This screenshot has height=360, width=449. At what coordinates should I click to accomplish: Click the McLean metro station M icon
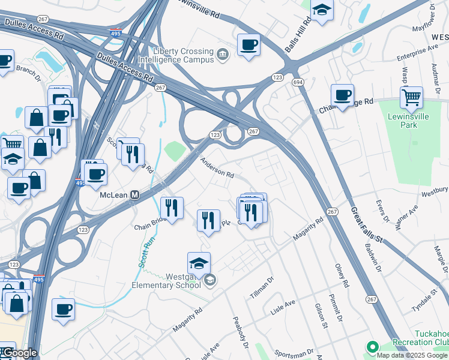[x=135, y=196]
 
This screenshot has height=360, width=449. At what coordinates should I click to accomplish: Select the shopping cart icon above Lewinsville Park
[x=411, y=97]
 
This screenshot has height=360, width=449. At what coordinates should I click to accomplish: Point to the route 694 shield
[x=297, y=81]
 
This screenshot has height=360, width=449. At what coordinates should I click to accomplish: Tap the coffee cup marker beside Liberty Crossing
[x=249, y=44]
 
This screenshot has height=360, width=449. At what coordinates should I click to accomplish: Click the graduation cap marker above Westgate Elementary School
[x=199, y=263]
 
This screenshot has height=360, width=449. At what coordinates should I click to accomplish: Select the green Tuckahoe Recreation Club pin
[x=373, y=347]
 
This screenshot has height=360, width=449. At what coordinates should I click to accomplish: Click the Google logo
[x=19, y=353]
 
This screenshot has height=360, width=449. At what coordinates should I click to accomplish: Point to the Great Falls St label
[x=366, y=221]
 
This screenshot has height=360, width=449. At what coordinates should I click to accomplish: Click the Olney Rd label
[x=342, y=275]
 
